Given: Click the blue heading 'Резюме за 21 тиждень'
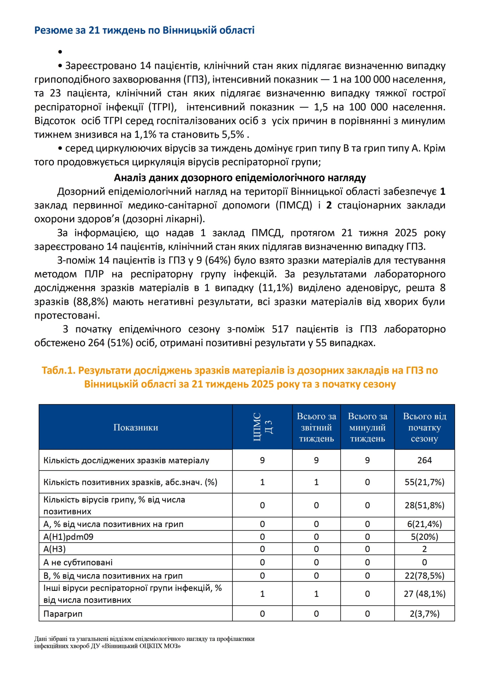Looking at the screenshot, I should click(144, 30).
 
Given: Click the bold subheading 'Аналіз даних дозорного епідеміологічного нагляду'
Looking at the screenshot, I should click(240, 178).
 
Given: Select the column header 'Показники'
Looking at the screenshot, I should click(136, 427).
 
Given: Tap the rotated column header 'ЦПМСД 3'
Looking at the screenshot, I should click(262, 427).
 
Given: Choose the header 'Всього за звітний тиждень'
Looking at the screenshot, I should click(316, 427).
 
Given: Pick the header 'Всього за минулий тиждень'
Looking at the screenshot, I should click(367, 427).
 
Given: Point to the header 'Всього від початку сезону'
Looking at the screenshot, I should click(424, 427).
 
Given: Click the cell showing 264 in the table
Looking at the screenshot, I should click(424, 460).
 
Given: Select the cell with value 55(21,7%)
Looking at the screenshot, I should click(424, 482).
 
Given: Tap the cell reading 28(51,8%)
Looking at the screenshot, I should click(424, 505).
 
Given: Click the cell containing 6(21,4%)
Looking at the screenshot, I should click(424, 524).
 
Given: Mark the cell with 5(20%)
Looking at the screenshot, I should click(424, 537).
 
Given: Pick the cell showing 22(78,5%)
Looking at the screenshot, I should click(424, 575).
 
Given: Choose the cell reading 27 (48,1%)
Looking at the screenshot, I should click(424, 594).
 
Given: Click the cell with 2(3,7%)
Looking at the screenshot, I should click(424, 614).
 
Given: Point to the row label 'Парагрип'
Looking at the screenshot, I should click(63, 614).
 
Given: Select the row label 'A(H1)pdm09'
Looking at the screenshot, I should click(68, 537).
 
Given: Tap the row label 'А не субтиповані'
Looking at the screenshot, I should click(78, 562).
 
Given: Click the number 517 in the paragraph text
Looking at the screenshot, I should click(280, 329).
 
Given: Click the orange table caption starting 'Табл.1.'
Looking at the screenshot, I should click(240, 377).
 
